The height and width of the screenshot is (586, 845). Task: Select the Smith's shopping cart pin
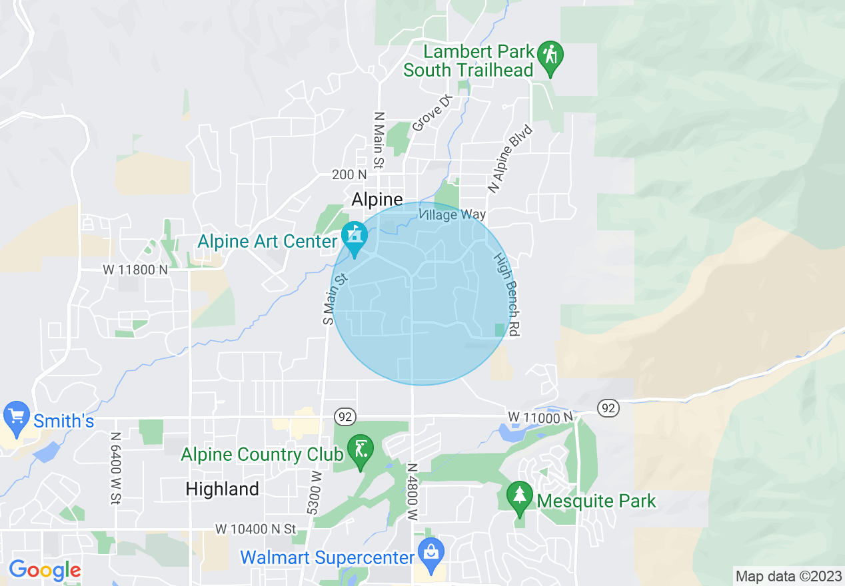pyautogui.click(x=16, y=416)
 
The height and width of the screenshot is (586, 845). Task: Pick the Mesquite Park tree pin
pyautogui.click(x=518, y=497)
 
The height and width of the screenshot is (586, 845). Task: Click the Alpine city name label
pyautogui.click(x=377, y=200)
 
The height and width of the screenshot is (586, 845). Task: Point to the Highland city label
pyautogui.click(x=222, y=489)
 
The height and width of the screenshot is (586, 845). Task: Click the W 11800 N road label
pyautogui.click(x=135, y=270)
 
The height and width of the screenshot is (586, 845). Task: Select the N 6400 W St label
pyautogui.click(x=116, y=467)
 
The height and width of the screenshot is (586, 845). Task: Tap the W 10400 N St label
pyautogui.click(x=255, y=529)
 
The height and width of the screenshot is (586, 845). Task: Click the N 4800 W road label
pyautogui.click(x=413, y=492)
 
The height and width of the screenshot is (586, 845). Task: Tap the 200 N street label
pyautogui.click(x=349, y=174)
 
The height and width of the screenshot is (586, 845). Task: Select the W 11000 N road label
pyautogui.click(x=540, y=417)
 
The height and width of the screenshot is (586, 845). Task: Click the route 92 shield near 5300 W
pyautogui.click(x=345, y=417)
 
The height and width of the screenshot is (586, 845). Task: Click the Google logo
pyautogui.click(x=45, y=570)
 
